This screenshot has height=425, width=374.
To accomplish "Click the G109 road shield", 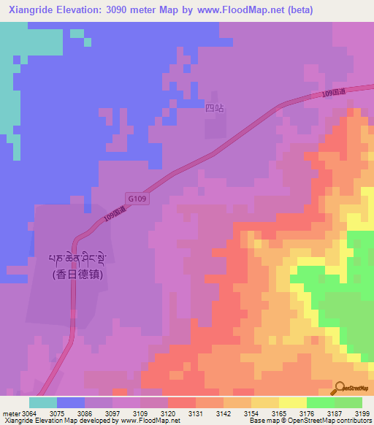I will [137, 198].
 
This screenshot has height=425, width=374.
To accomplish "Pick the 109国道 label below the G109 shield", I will [115, 217].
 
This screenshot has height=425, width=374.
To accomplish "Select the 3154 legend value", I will [251, 413].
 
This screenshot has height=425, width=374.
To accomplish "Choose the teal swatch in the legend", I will [43, 402].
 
